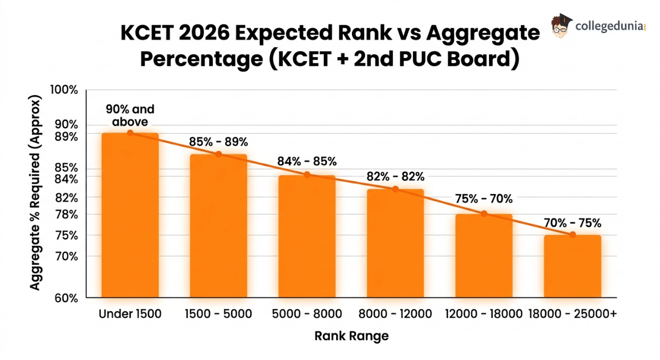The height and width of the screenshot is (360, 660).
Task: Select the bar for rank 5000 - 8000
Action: (x=307, y=236)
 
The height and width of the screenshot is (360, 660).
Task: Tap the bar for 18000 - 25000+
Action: (x=573, y=267)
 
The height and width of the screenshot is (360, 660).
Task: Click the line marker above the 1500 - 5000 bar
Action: (x=218, y=154)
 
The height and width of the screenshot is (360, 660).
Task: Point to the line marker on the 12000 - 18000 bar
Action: (x=484, y=213)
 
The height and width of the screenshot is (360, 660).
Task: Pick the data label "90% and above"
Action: (x=130, y=115)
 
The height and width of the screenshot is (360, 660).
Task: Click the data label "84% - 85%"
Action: (x=307, y=162)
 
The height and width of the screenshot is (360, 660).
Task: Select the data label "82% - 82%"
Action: (x=395, y=176)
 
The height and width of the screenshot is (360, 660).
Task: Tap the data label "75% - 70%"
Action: (x=484, y=199)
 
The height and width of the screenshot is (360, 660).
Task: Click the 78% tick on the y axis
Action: (x=67, y=214)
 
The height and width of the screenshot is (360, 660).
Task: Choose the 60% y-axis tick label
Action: (x=67, y=298)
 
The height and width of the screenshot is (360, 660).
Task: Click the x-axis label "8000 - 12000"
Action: (x=395, y=314)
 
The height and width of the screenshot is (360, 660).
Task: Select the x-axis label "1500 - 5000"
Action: (x=218, y=314)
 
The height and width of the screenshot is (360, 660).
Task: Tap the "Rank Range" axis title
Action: (x=351, y=336)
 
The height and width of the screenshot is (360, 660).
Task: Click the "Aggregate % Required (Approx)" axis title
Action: (x=35, y=193)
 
